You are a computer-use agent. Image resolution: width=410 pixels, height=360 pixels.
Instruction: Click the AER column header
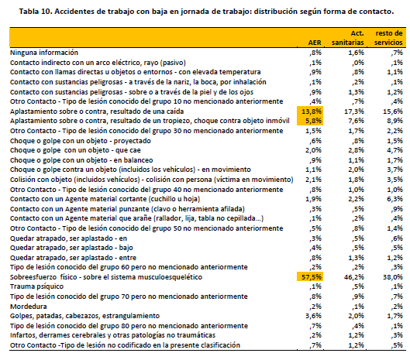click(x=315, y=43)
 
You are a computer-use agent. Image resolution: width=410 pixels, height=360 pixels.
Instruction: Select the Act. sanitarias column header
click(x=348, y=38)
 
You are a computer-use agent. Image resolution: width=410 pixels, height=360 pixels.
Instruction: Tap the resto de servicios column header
click(x=388, y=38)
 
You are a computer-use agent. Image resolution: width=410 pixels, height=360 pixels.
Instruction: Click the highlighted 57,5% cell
click(x=310, y=276)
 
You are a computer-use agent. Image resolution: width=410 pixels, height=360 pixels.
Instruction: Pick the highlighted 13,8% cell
click(x=310, y=111)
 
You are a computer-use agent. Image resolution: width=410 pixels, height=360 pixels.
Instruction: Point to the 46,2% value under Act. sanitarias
click(x=354, y=276)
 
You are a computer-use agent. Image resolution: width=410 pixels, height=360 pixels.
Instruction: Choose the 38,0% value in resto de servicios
click(x=393, y=276)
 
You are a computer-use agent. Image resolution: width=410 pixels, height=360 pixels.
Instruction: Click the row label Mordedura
click(x=29, y=306)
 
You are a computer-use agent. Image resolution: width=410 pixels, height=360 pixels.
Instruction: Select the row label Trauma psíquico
click(x=36, y=286)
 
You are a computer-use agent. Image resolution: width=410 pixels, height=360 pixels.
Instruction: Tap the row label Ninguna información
click(x=44, y=53)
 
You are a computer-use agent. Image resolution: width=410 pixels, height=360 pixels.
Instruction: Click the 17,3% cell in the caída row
click(x=354, y=111)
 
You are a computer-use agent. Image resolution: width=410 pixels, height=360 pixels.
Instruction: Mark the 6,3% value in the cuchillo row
click(x=394, y=199)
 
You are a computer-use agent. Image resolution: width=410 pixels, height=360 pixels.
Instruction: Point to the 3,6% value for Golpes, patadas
click(x=313, y=316)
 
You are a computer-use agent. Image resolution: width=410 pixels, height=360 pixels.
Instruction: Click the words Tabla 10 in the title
click(x=34, y=12)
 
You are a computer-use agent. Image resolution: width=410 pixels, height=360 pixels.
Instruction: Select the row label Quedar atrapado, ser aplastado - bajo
click(x=71, y=248)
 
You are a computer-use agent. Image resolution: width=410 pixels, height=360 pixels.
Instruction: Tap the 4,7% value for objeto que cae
click(x=394, y=150)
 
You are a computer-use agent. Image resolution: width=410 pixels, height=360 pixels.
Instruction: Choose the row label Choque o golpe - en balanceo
click(x=81, y=160)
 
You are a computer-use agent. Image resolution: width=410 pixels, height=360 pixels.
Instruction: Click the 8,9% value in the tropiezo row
click(x=394, y=121)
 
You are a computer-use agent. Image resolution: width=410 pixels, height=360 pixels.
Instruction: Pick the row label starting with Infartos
click(x=112, y=335)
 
